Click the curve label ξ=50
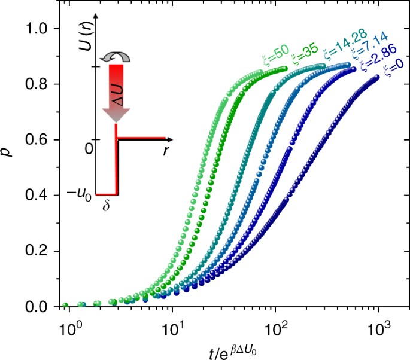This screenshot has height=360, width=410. pyautogui.click(x=273, y=59)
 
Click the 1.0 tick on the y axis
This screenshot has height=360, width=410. pyautogui.click(x=42, y=28)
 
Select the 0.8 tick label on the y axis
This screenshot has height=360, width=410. pyautogui.click(x=42, y=84)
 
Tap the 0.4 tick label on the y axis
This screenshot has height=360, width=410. pyautogui.click(x=42, y=196)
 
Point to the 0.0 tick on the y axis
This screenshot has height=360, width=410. pyautogui.click(x=42, y=307)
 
